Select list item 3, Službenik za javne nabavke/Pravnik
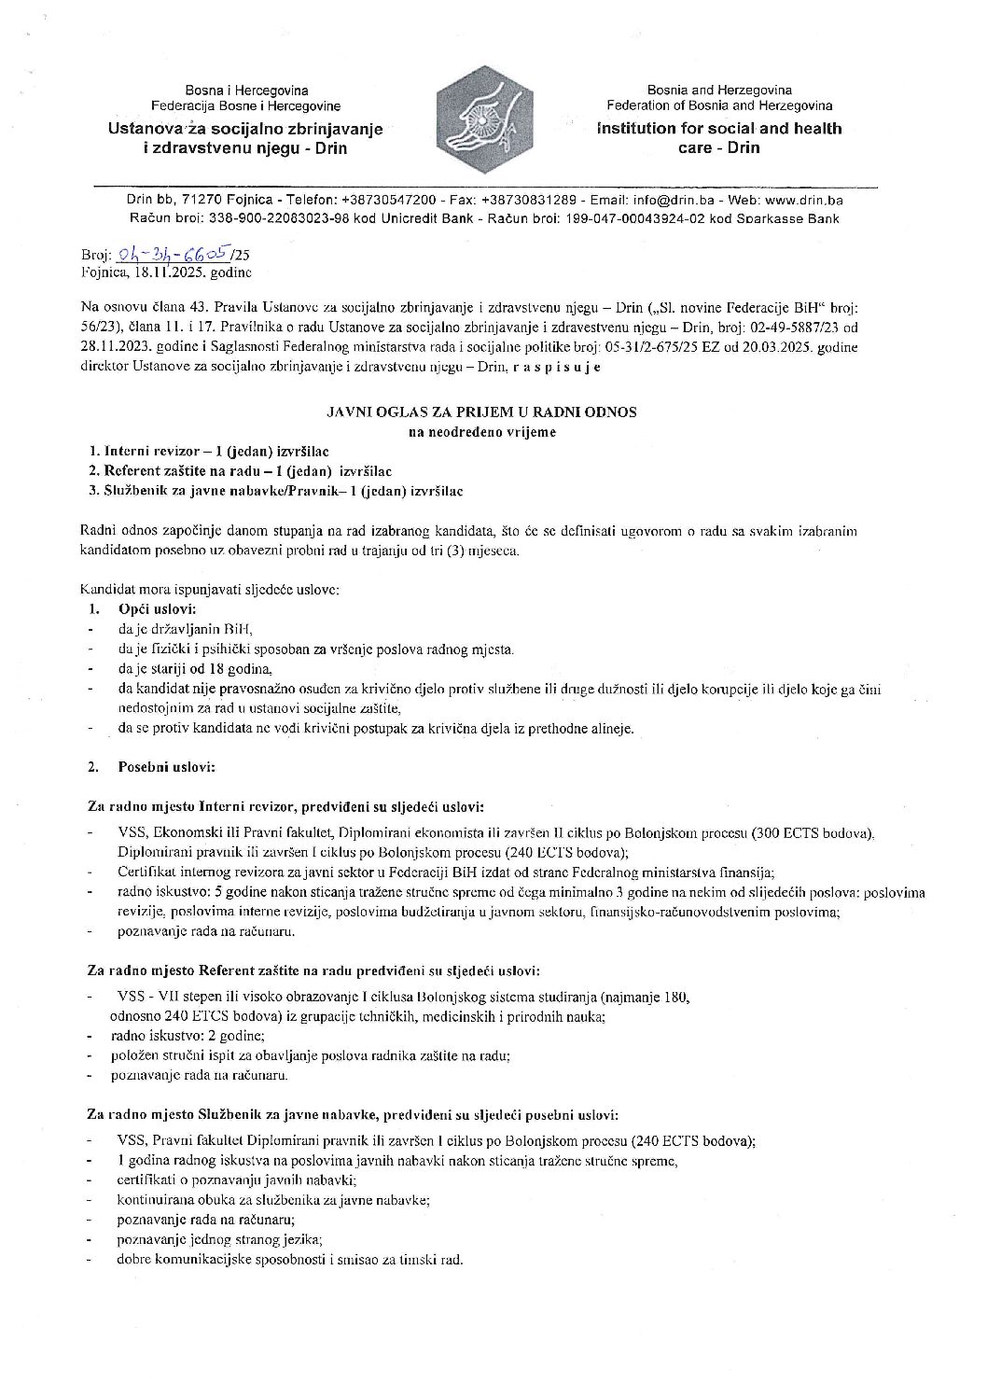(x=275, y=491)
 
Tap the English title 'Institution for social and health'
(x=718, y=129)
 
